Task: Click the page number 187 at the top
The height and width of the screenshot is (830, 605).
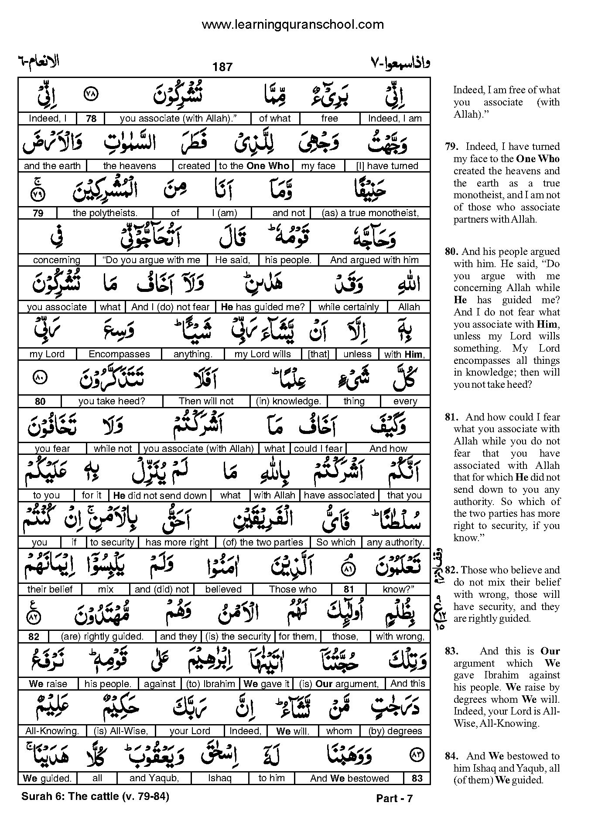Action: (x=222, y=67)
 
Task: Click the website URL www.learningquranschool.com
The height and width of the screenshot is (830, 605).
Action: (x=293, y=24)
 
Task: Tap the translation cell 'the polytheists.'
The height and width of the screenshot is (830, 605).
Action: (x=105, y=213)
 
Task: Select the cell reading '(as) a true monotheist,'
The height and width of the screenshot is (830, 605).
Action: (x=370, y=213)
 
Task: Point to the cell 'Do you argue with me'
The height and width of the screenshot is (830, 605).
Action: (x=151, y=260)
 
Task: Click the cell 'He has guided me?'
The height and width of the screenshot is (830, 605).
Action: (x=263, y=307)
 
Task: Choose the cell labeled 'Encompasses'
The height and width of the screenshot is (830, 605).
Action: (x=119, y=354)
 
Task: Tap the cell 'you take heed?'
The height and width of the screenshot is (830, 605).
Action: (x=112, y=401)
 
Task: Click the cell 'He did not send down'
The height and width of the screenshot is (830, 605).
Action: (x=160, y=495)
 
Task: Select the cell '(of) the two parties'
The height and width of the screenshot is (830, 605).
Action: (x=263, y=542)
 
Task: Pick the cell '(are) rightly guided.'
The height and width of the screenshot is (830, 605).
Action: (x=102, y=637)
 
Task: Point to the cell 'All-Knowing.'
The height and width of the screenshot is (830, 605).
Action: (x=52, y=731)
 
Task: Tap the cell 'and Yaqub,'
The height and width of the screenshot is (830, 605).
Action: (x=154, y=778)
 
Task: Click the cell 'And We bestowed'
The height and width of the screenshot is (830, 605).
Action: (x=349, y=778)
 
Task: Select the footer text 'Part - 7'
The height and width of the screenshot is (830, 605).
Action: (x=394, y=798)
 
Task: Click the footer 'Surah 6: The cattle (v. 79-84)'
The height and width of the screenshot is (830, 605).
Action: (x=95, y=796)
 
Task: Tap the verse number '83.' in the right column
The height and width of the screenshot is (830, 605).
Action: (x=451, y=651)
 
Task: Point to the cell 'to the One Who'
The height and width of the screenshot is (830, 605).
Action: (x=254, y=166)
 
